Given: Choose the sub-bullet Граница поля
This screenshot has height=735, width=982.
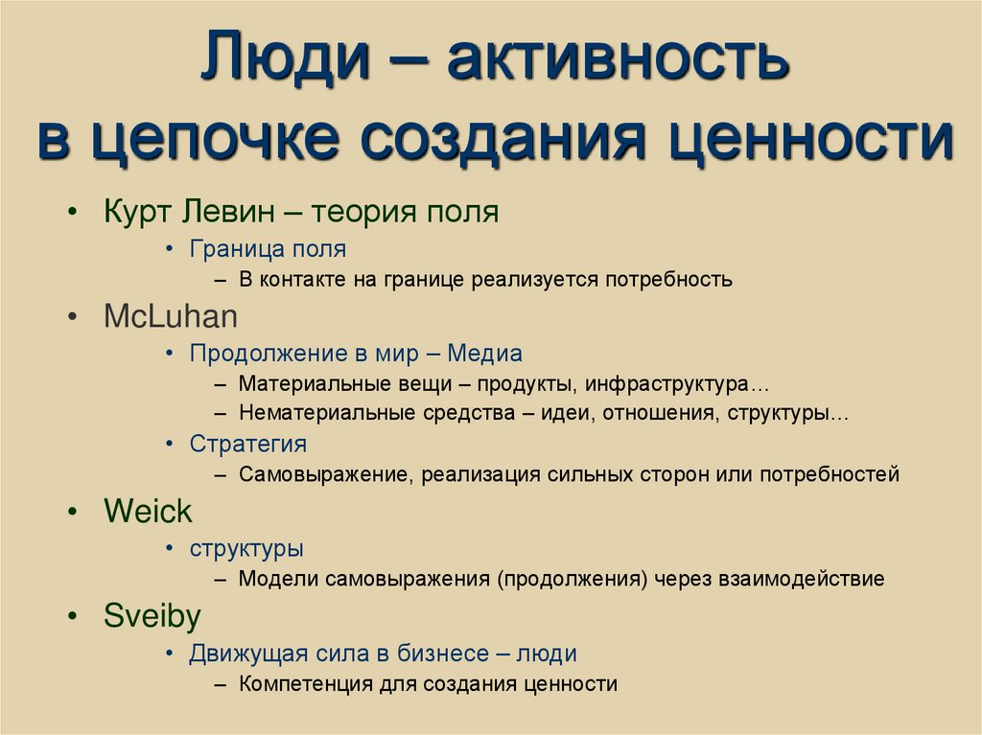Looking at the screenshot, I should [268, 249].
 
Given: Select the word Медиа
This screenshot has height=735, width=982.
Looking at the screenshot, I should [486, 354].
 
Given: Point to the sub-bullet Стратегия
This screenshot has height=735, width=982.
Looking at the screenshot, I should [248, 444].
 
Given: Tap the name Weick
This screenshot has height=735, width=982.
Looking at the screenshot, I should [148, 512].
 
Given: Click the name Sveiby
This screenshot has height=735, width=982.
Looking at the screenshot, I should [152, 616].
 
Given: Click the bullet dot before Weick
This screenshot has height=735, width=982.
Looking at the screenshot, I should [74, 513].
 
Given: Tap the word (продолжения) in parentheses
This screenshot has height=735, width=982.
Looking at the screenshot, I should [571, 579].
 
